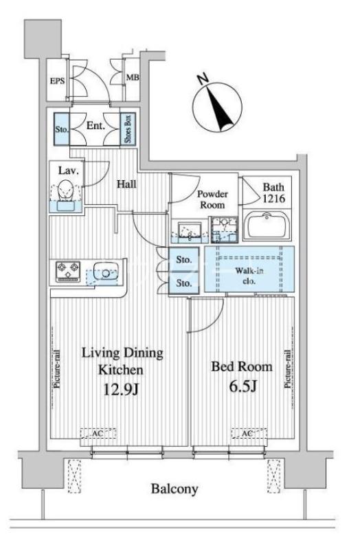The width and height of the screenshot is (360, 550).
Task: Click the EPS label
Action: click(x=58, y=81)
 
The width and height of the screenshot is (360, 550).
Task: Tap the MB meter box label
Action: click(x=133, y=77)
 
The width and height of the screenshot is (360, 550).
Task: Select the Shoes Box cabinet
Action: click(x=128, y=129)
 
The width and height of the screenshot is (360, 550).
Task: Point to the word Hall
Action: click(x=126, y=184)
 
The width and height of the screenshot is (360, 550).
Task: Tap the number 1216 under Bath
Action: click(x=274, y=198)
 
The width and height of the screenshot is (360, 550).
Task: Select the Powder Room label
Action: click(x=212, y=199)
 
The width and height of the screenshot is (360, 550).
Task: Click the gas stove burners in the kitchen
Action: click(x=68, y=272)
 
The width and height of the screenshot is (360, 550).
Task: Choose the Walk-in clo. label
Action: click(x=249, y=276)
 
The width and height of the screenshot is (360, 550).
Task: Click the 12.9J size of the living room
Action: click(x=122, y=389)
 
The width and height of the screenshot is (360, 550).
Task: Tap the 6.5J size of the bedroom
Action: click(x=243, y=386)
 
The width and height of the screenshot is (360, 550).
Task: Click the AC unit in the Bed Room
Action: click(x=249, y=434)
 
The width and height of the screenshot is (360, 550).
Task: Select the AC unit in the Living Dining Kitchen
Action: click(x=98, y=434)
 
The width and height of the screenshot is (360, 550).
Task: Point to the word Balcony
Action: click(x=175, y=489)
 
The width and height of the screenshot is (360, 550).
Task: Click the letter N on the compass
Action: click(x=203, y=80)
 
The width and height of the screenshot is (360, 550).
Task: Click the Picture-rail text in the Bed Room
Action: click(x=288, y=368)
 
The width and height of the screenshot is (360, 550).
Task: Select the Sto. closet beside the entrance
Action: click(x=62, y=129)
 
